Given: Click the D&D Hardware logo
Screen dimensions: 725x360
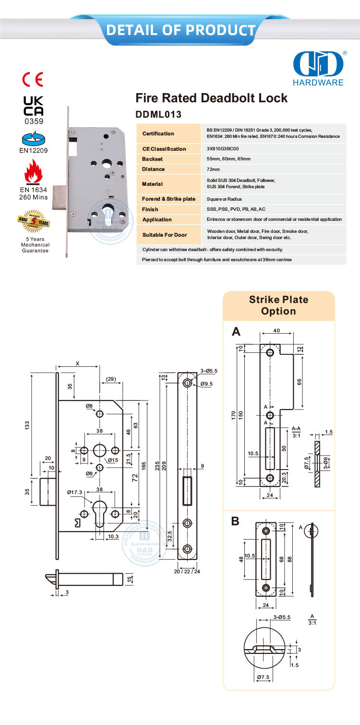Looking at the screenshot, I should pos(319,67).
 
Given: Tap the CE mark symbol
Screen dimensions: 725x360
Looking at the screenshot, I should pos(33,79).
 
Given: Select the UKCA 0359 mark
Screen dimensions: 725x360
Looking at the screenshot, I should pos(34,109).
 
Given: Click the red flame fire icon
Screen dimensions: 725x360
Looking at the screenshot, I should pos(34,172).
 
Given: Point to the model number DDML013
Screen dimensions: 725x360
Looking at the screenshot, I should pos(158,115).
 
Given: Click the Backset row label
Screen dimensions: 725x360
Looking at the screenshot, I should pos(153,159).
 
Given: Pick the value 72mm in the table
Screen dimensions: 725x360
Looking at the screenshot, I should pos(213,169).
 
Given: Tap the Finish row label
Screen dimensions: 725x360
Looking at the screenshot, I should pos(150,209).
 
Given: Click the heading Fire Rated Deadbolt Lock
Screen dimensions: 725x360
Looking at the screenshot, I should pos(212,98).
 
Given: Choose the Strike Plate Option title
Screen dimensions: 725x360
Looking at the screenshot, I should pos(278,305).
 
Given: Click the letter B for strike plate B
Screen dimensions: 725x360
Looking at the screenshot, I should pos(235,521).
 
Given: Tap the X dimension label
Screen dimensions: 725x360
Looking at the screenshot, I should pos(78,363).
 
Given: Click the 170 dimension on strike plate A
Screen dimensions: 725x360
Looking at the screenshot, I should pos(234,414).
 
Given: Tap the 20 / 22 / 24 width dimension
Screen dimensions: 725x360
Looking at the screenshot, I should pos(187,571).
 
